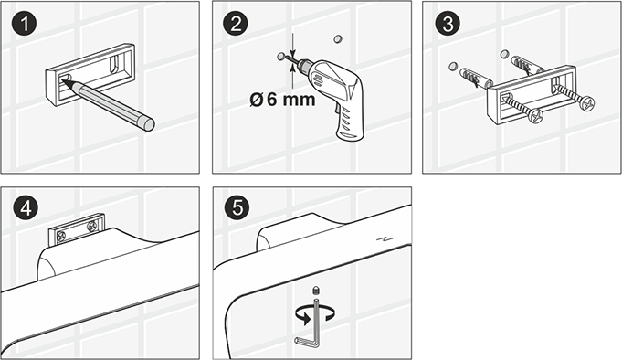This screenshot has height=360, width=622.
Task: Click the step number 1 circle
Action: coord(24,24)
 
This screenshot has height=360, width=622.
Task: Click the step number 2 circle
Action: coord(236,24)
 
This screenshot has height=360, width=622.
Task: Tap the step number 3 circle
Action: coord(448,24)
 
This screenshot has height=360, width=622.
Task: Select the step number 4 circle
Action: coord(26,208)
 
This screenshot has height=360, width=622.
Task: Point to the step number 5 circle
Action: coord(237,207)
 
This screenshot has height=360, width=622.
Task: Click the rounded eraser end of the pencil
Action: coord(148,123)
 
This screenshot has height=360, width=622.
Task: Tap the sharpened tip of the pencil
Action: coord(63,82)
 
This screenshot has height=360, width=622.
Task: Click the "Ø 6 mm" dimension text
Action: coord(282,100)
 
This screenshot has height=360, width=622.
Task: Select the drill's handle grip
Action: coord(349,120)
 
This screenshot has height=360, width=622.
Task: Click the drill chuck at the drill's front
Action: coord(304,66)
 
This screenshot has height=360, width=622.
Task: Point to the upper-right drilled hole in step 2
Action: coord(338,38)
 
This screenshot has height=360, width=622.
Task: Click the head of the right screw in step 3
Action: coord(586,103)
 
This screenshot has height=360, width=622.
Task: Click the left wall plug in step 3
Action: coord(475,77)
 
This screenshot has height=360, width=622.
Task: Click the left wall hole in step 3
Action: coord(453,66)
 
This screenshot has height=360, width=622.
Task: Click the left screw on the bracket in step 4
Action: coord(61,237)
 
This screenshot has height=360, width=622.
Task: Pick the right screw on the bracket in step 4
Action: coord(92,227)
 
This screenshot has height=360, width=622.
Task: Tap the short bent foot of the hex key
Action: coord(303,341)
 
